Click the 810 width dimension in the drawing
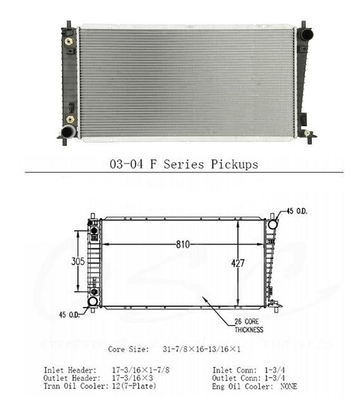pos(183,245)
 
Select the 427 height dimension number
pos(238,264)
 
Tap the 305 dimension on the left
pos(78,261)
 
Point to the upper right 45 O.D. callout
pos(297,211)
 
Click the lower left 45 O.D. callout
pos(69,315)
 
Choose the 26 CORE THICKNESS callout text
pos(248,326)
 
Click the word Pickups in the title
pos(235,165)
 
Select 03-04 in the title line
pos(126,164)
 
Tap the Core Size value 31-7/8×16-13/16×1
pos(202,349)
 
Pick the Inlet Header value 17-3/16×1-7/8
pos(141,370)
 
